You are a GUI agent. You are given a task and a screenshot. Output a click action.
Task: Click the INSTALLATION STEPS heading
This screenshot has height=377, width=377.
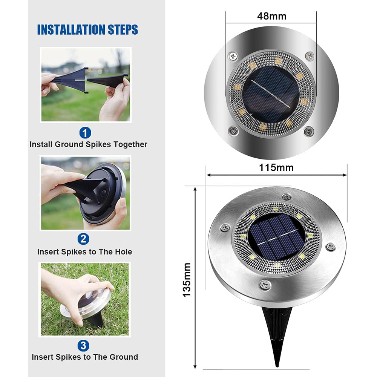point(87,29)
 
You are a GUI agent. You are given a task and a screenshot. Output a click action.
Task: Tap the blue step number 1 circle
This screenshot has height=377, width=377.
point(85,133)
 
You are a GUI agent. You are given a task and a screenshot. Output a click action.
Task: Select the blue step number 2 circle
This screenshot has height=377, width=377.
point(83,239)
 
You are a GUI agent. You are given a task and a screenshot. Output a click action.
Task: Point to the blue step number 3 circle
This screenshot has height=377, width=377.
point(83,345)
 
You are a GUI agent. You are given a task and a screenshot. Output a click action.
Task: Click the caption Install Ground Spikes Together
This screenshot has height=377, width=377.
point(88,144)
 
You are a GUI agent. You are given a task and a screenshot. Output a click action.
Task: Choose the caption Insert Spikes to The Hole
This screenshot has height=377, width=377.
point(84,251)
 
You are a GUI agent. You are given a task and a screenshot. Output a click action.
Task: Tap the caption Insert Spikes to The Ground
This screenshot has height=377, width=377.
point(85,357)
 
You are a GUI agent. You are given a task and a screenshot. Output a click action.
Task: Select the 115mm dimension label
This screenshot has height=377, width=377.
point(276,167)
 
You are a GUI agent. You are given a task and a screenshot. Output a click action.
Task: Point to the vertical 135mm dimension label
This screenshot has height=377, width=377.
point(187,280)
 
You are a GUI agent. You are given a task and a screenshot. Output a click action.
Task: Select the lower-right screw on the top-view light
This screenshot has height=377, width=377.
point(309,132)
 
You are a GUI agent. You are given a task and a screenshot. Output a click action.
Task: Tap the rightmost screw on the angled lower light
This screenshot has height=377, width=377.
point(330,247)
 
